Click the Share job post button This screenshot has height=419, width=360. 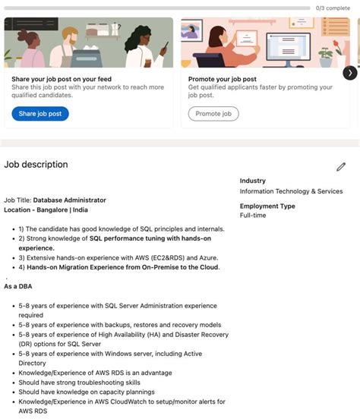point(40,114)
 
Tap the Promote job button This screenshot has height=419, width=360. point(213,114)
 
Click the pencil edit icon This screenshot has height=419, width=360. point(341,166)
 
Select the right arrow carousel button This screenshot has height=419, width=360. point(349,73)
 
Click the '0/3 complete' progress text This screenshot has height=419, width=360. point(333,8)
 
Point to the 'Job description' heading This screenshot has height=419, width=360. point(36,165)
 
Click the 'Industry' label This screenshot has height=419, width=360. point(253,181)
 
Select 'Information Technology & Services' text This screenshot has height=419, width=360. point(291,191)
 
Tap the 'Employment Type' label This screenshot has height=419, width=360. point(267,206)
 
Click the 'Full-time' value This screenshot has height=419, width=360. point(253,216)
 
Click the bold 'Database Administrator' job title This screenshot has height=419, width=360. point(69,200)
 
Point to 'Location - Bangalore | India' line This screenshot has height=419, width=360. point(46,209)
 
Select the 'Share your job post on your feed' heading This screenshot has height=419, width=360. point(62,78)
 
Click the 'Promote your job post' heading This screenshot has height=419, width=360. point(223,78)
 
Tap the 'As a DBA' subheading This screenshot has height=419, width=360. point(18,286)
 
